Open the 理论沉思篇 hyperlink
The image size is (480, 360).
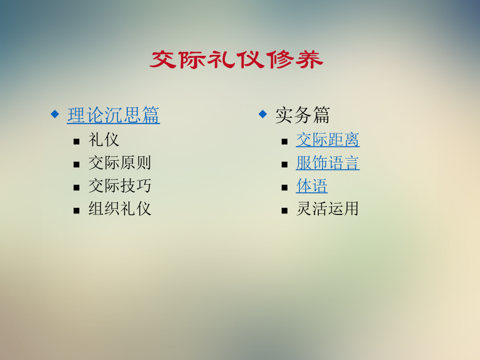(x=113, y=115)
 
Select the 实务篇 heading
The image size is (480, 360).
(x=302, y=115)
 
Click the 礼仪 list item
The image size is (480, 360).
(x=104, y=140)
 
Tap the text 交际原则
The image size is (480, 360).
(x=119, y=163)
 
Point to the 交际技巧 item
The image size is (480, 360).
(x=119, y=186)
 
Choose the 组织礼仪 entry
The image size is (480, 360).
(x=119, y=209)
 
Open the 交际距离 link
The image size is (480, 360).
(x=327, y=140)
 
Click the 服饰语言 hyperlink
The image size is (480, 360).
(x=327, y=163)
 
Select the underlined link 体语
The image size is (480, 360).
(x=311, y=186)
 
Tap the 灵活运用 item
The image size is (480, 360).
(x=327, y=209)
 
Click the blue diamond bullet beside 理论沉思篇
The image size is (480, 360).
(x=54, y=113)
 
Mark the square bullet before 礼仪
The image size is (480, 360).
(x=77, y=141)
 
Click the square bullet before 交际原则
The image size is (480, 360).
(x=77, y=164)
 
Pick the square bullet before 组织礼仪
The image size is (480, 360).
(x=77, y=210)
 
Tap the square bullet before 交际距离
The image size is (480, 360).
(x=284, y=141)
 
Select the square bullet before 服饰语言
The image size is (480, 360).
(x=284, y=164)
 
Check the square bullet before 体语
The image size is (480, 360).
(x=284, y=187)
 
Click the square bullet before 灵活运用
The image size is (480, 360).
(x=284, y=210)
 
